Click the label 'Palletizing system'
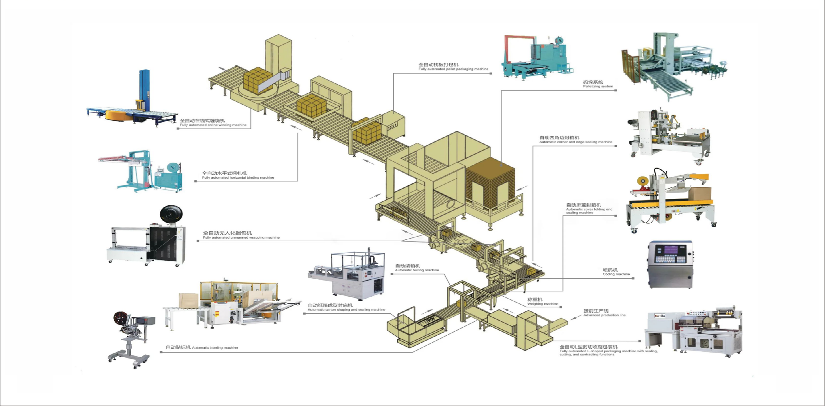598,86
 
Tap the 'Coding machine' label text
616,274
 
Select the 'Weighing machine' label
542,304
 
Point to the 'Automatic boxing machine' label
417,270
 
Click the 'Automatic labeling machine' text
215,348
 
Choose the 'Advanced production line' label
604,315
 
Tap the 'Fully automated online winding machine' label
213,125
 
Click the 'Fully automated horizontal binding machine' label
238,178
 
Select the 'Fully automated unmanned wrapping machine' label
241,238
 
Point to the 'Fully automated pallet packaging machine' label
453,69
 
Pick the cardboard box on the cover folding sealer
699,194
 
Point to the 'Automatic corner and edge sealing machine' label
575,142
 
